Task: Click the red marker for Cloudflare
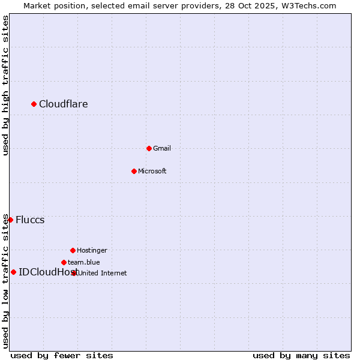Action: click(34, 104)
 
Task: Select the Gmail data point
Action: click(149, 148)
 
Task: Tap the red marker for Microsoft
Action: click(134, 171)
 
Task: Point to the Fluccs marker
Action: click(10, 220)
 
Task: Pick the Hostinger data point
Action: click(73, 250)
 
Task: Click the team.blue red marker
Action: click(64, 262)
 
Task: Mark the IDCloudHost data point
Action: click(13, 272)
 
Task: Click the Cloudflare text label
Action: click(64, 104)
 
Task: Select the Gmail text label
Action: click(162, 148)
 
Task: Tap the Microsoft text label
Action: click(152, 171)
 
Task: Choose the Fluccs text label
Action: click(30, 220)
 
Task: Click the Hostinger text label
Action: click(92, 250)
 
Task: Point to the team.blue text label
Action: click(84, 262)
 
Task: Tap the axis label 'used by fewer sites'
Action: click(62, 355)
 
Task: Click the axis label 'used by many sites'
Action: click(301, 355)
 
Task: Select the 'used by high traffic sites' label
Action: click(5, 85)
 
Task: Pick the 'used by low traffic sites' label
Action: click(5, 281)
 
